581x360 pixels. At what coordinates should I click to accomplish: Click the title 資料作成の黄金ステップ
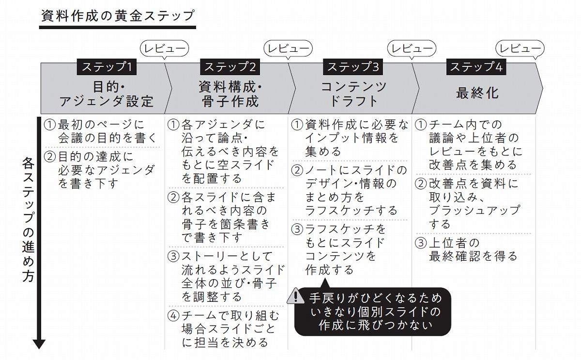(118, 16)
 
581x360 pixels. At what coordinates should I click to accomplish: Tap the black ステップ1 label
(107, 67)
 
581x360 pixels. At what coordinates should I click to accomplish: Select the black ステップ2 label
(230, 67)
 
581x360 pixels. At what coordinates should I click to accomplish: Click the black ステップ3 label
(353, 67)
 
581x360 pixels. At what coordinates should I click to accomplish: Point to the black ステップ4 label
(476, 67)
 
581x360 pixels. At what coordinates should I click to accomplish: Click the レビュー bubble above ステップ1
(164, 49)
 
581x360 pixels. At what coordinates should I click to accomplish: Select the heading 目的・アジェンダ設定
(107, 94)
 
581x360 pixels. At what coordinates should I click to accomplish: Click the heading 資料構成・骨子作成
(230, 94)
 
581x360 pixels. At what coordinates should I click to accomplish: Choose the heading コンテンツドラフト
(353, 94)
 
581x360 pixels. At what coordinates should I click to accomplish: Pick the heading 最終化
(477, 93)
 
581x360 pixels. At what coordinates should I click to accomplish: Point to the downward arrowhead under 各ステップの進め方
(39, 344)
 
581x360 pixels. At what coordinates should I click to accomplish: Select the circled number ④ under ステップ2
(173, 316)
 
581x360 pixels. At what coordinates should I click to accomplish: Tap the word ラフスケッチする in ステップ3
(351, 211)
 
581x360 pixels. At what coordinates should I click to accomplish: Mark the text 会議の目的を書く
(107, 138)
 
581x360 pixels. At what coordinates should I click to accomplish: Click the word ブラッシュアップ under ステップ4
(474, 211)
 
